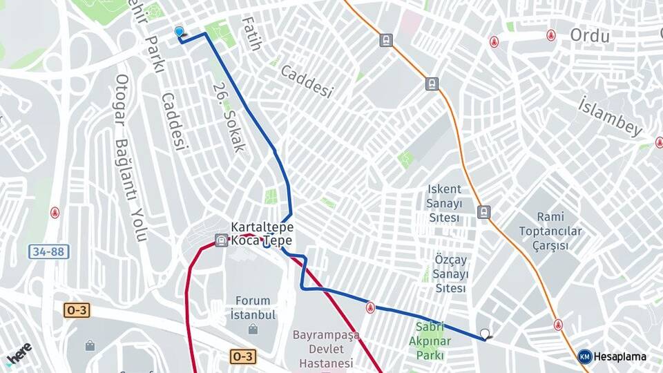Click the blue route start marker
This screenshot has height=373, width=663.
coord(180,32)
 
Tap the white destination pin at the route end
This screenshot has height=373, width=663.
coord(485,334)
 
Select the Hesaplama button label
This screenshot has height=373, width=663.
coord(620,357)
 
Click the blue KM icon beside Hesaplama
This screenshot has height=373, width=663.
coord(585,357)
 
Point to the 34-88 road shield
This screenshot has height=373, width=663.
coord(49,251)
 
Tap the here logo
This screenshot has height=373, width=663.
coord(19,354)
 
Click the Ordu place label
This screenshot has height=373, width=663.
coord(590,36)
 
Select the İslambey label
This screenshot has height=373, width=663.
coord(611,116)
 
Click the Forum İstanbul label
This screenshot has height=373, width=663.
coord(253,307)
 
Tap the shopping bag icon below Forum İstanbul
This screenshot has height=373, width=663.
coord(253,329)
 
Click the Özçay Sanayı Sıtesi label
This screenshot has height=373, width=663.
coord(450,274)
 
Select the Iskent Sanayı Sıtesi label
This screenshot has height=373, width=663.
coord(444,203)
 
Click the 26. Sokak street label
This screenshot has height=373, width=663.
coord(229,117)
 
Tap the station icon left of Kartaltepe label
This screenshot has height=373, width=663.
coord(221,241)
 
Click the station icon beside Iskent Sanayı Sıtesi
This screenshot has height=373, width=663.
coord(484,212)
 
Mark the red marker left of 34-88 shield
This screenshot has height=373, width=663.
coord(55,213)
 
